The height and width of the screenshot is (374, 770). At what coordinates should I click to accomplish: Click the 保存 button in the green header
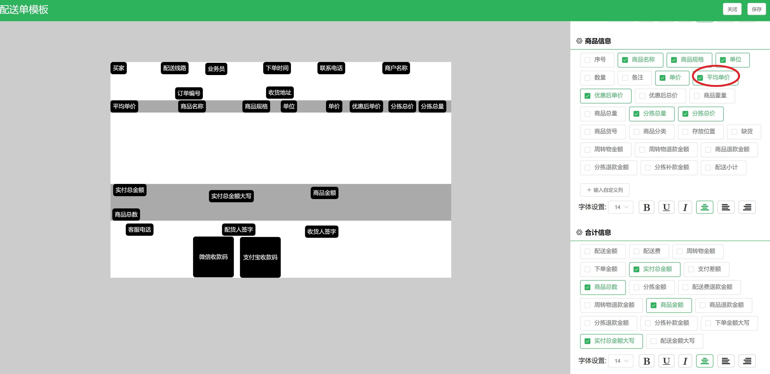point(756,9)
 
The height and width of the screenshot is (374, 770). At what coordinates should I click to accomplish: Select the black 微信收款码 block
point(213,257)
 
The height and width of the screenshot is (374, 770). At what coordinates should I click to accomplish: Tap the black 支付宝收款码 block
point(260,257)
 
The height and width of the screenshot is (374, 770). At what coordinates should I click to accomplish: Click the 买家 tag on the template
point(118,68)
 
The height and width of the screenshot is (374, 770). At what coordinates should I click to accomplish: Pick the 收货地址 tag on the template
point(280,92)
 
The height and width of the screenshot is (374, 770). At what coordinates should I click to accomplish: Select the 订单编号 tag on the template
point(189,93)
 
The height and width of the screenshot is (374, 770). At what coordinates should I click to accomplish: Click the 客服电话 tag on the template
point(139,230)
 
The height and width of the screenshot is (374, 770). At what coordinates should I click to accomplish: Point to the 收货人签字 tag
point(321,231)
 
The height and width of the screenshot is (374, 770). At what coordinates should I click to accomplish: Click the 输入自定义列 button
point(604,190)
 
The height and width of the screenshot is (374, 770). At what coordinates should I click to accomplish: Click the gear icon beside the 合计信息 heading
point(579,232)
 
